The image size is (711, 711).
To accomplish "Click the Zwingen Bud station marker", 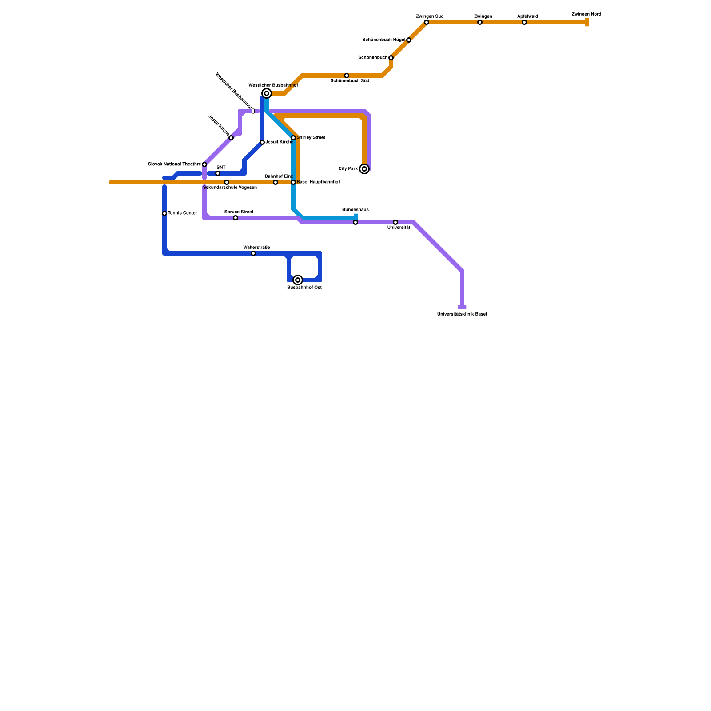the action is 427,22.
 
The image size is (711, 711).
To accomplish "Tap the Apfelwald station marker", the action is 524,22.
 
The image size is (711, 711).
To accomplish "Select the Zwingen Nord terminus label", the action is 586,14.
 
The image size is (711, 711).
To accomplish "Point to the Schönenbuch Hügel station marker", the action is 409,40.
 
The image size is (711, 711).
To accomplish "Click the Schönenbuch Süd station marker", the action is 347,76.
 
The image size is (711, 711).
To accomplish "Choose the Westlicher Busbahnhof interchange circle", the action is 267,93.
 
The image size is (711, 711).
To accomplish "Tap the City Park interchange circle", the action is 364,169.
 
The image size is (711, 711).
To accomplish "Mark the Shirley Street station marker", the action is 293,138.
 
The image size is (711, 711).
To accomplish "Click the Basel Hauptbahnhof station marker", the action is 293,182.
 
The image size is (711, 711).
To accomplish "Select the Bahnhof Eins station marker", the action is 276,182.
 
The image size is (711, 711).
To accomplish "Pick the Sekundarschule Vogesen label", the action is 230,188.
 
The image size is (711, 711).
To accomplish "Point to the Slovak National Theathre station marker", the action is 204,164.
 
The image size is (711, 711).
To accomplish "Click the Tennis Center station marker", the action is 164,213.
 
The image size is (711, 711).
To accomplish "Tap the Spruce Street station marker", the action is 236,218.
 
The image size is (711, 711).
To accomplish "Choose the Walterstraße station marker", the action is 253,253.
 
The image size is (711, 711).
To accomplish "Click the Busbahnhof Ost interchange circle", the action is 298,280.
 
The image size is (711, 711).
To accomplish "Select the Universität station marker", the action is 395,222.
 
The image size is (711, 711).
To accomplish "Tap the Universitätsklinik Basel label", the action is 462,314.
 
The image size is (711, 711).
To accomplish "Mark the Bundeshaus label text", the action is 355,210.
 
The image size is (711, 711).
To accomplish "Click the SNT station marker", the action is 218,173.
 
